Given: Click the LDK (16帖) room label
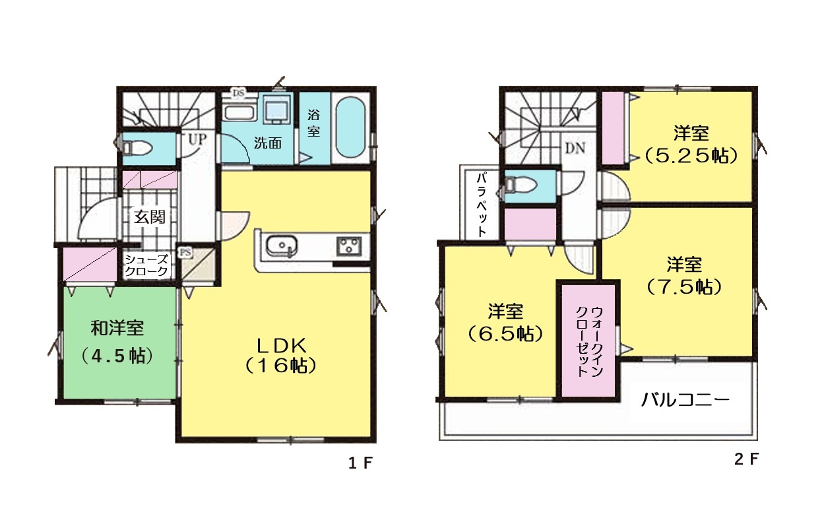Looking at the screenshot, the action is point(280,356).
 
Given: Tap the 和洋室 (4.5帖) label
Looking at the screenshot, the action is point(117,342).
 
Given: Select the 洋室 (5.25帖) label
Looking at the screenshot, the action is point(691,145).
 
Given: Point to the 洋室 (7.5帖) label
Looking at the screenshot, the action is point(684,276).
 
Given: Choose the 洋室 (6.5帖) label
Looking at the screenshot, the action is point(505,322).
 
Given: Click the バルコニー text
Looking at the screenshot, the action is point(685,399).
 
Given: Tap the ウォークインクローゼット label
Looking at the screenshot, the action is point(589,341).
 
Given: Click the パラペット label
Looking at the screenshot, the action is point(482,205).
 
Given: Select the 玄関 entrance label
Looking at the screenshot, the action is point(149,216).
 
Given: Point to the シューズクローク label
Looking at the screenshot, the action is point(146,265).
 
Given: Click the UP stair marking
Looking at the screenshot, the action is point(197,139).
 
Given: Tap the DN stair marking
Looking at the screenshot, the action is point(575,148).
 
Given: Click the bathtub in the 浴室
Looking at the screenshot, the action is point(351,127).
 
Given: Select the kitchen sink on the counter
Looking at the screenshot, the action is point(282,246).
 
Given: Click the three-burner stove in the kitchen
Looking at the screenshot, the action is point(349,247).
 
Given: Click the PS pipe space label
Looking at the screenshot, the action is point(185,252).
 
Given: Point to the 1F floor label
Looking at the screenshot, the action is point(360,463).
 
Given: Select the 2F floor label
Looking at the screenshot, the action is point(746,459).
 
